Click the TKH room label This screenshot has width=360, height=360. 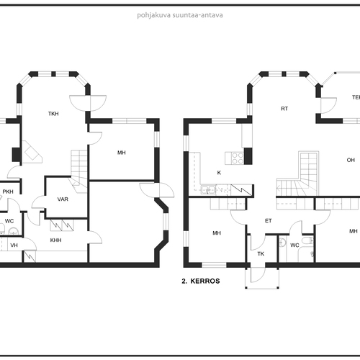coord(53,114)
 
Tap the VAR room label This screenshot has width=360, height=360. coord(63,199)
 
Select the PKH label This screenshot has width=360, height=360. coord(8,192)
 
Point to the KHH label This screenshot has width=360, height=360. coord(55,240)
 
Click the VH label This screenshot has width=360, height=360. coord(14,245)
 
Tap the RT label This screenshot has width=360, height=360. coord(284,109)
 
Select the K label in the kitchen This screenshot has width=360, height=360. coord(219,173)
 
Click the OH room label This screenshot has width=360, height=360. coord(351,160)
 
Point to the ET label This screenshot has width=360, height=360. coord(269,220)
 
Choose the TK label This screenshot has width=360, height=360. coord(261,253)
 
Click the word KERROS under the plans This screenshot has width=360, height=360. coord(205,281)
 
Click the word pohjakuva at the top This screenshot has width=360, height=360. coord(154,15)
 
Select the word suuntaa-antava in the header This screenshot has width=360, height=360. coord(198,15)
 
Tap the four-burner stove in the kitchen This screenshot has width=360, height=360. coord(238,158)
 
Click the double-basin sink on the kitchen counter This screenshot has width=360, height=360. coord(208,189)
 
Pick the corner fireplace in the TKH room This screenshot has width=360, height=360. coord(32,152)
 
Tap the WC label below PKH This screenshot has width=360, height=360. coord(9,221)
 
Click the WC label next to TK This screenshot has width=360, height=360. coord(294,245)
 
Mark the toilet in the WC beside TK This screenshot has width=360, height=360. coord(307,240)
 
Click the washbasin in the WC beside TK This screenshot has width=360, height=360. coord(283,243)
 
